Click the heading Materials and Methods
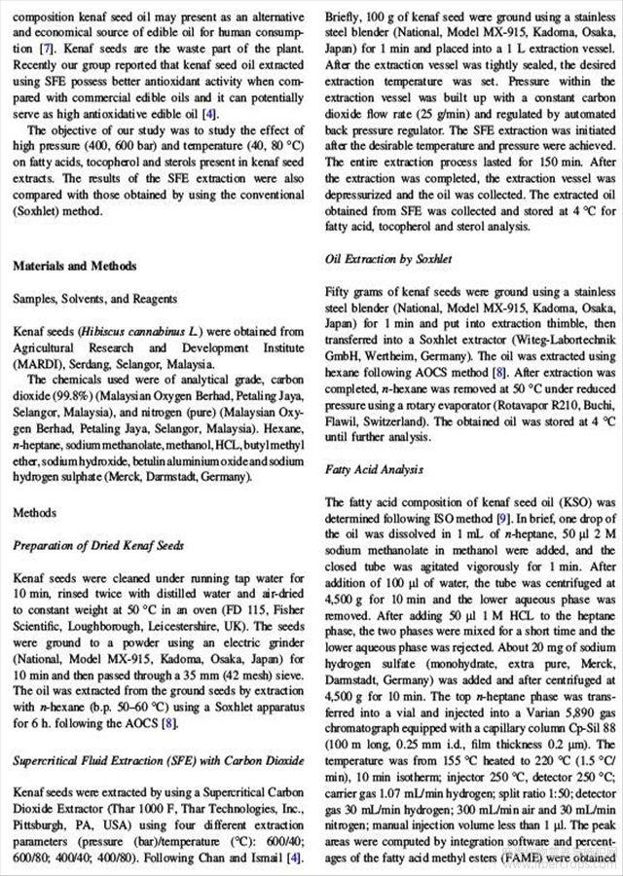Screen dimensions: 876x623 [75, 266]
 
